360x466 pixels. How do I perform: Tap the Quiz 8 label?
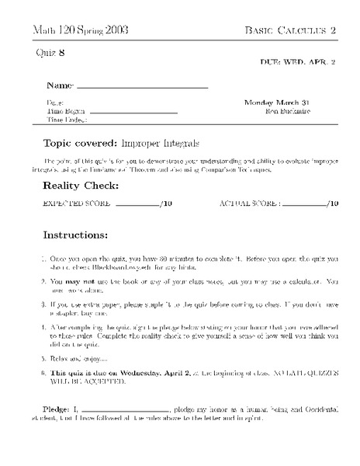point(51,52)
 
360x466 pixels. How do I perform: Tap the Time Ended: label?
point(67,120)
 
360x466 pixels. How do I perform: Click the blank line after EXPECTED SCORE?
point(136,206)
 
